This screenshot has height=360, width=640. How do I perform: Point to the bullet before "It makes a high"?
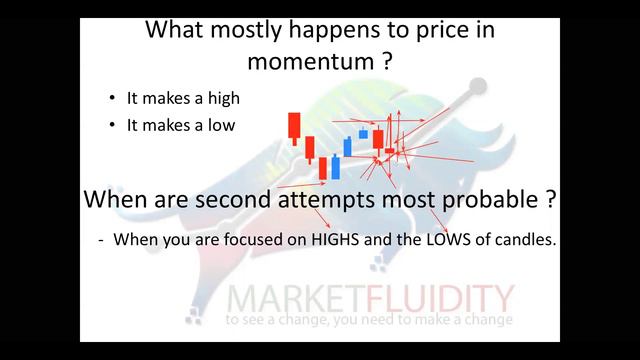112,98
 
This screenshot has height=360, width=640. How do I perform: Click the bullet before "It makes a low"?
112,124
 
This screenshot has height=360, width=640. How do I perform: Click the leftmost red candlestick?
294,127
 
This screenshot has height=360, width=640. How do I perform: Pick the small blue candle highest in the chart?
364,133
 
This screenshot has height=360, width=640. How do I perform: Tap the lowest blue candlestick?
334,168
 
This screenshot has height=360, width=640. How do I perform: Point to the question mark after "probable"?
551,198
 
